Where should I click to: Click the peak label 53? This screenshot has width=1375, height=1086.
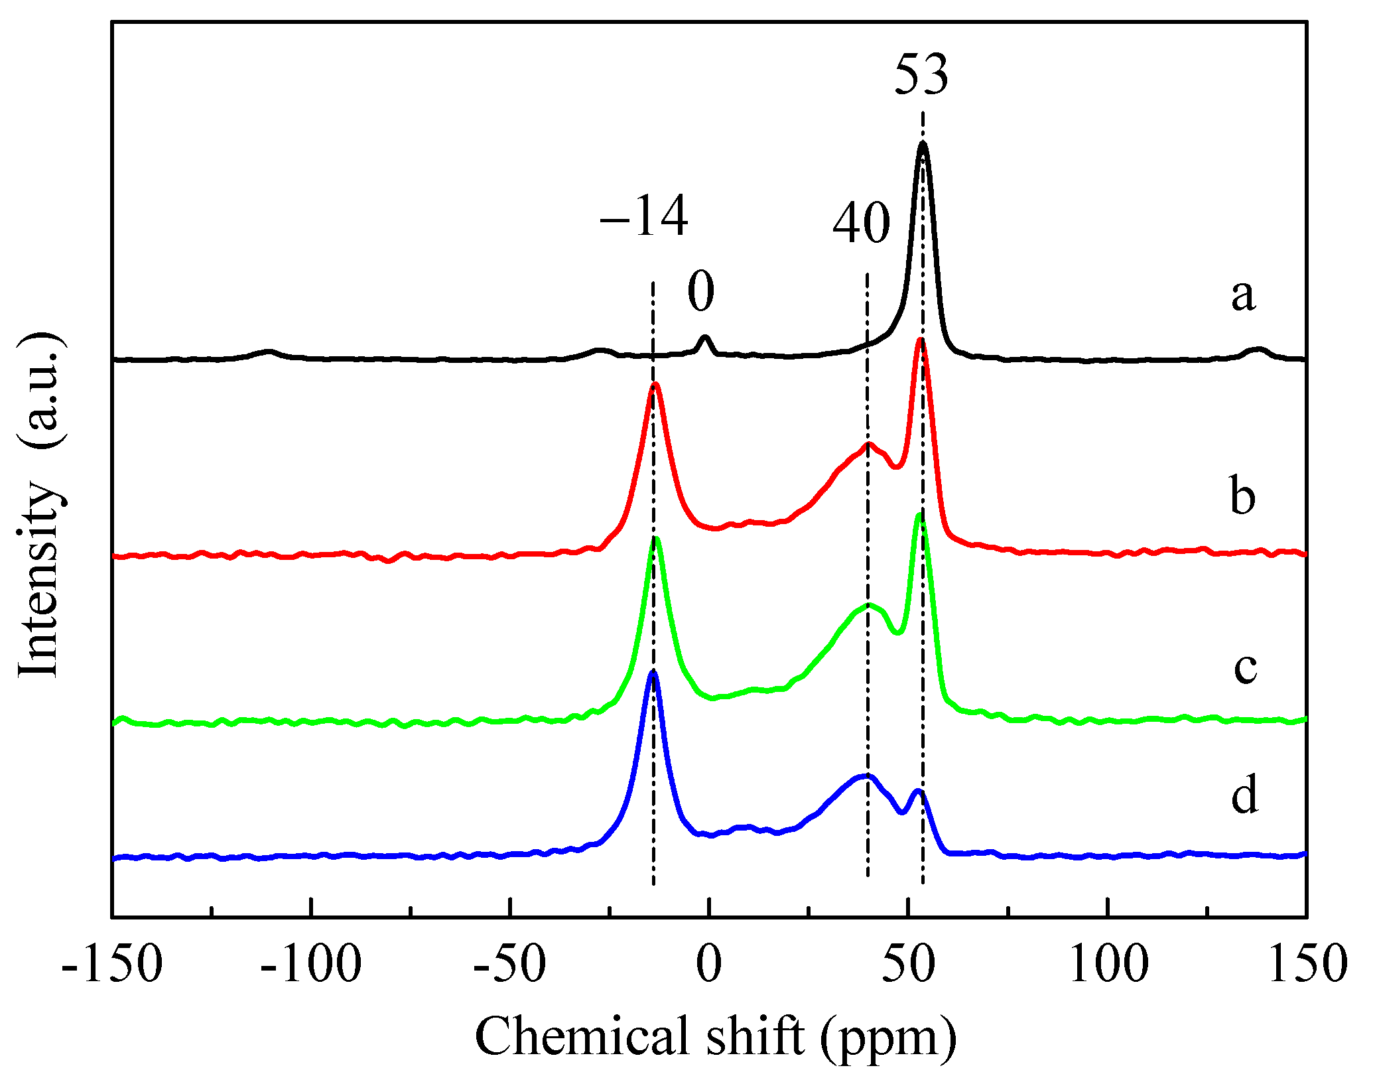(x=921, y=74)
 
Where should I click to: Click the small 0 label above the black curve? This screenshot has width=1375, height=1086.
(x=700, y=292)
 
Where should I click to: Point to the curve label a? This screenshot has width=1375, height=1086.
(x=1243, y=295)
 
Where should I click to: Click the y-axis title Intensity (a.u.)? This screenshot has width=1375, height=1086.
(x=41, y=504)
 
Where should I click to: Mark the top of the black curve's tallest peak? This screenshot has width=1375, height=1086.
(x=922, y=144)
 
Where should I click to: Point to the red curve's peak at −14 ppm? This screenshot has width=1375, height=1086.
(x=655, y=385)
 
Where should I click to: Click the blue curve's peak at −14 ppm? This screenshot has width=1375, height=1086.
(x=653, y=673)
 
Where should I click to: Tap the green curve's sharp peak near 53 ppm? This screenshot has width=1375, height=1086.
(x=919, y=515)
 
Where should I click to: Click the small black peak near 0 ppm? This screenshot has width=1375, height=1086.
(x=705, y=337)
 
